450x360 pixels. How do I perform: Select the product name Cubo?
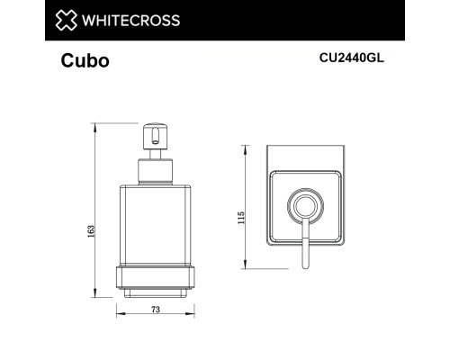pyautogui.click(x=85, y=62)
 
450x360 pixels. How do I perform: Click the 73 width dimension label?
pyautogui.click(x=155, y=309)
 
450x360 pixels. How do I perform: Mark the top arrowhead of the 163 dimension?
pyautogui.click(x=96, y=123)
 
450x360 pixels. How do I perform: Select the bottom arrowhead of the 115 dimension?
pyautogui.click(x=247, y=266)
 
